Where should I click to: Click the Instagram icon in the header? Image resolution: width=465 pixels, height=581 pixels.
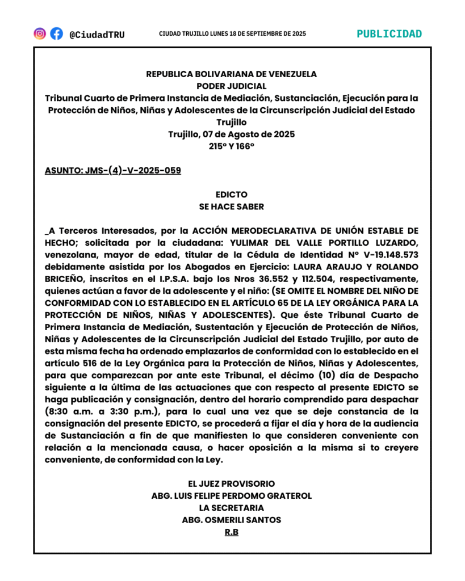pyautogui.click(x=40, y=33)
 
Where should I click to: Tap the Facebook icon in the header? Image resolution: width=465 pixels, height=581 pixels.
pyautogui.click(x=57, y=33)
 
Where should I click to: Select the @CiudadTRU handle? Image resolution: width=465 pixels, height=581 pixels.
pyautogui.click(x=97, y=35)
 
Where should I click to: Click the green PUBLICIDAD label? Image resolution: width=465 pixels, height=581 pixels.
pyautogui.click(x=389, y=33)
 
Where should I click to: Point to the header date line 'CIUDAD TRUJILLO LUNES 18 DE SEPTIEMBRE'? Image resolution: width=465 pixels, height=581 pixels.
pyautogui.click(x=232, y=34)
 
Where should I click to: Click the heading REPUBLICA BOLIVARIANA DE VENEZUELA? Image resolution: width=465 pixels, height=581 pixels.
pyautogui.click(x=232, y=74)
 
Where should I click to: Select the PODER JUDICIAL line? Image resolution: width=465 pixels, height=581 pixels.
pyautogui.click(x=232, y=86)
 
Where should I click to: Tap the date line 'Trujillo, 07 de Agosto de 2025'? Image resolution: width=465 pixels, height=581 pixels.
pyautogui.click(x=232, y=134)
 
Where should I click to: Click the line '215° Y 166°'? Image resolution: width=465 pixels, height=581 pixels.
pyautogui.click(x=232, y=146)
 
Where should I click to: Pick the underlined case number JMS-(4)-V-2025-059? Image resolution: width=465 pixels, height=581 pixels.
pyautogui.click(x=113, y=170)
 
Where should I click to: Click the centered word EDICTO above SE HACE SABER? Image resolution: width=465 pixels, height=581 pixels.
pyautogui.click(x=232, y=195)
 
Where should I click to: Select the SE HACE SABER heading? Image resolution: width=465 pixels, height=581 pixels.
pyautogui.click(x=232, y=207)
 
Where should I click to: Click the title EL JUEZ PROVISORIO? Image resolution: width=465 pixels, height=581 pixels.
pyautogui.click(x=232, y=483)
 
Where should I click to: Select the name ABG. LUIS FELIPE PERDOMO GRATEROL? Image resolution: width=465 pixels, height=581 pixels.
pyautogui.click(x=232, y=496)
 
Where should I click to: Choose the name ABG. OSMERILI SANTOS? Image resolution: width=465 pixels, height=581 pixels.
pyautogui.click(x=232, y=520)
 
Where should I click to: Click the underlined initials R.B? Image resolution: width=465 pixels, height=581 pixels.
pyautogui.click(x=232, y=532)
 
